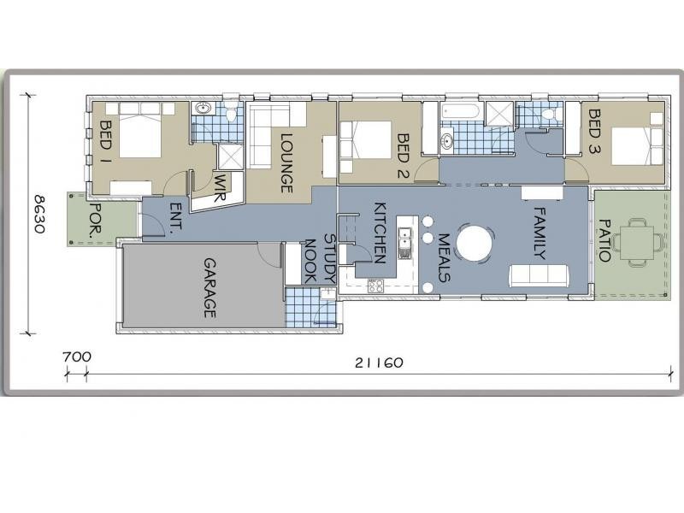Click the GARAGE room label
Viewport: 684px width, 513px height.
[210, 288]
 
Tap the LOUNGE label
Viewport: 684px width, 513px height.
[286, 163]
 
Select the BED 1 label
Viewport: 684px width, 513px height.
[106, 142]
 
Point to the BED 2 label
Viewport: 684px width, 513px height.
[404, 156]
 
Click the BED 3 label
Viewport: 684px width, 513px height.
[594, 132]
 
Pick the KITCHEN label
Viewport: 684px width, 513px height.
[380, 233]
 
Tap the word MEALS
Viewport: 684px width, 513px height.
[444, 258]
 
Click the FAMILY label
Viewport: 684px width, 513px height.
[540, 233]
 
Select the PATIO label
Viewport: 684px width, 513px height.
[604, 240]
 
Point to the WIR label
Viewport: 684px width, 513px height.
[221, 187]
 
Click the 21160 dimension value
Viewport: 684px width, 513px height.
[379, 363]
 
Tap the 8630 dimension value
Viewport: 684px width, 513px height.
[39, 215]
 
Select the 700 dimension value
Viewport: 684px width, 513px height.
[77, 357]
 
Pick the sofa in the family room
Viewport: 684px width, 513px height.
[539, 275]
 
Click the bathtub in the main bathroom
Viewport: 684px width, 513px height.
[461, 111]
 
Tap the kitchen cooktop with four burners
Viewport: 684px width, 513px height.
[375, 286]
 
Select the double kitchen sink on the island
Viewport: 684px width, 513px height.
[404, 243]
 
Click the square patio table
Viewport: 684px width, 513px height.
[637, 243]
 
